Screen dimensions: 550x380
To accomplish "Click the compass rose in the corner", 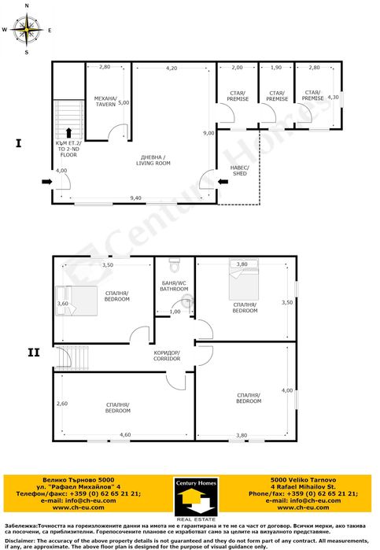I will point(28,30).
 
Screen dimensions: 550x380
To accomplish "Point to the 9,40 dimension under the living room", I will point(135,198).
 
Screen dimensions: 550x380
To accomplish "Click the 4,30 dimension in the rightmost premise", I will point(332,97).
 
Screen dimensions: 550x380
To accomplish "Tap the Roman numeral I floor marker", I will point(17,143).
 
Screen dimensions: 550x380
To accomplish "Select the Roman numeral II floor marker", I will point(32,353).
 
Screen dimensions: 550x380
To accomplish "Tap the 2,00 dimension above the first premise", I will point(238,68).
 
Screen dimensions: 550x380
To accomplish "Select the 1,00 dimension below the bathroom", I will point(175,312).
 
